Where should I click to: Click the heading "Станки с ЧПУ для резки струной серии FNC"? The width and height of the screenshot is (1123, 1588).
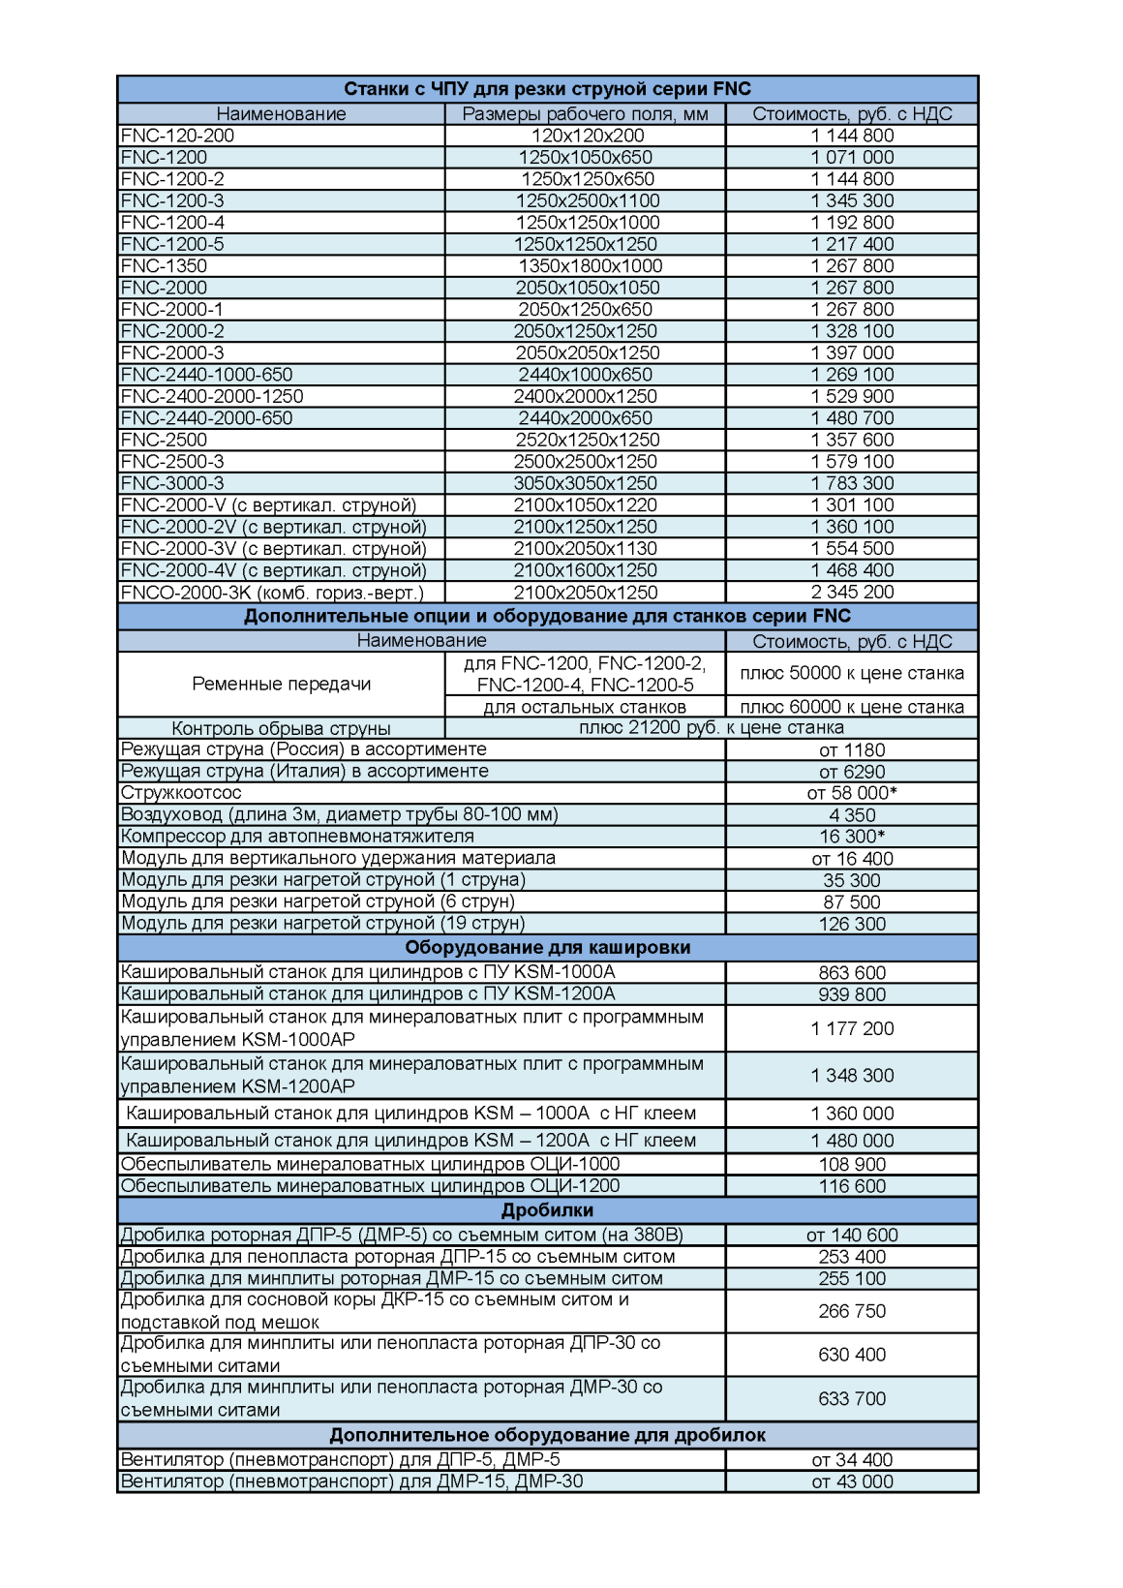(547, 89)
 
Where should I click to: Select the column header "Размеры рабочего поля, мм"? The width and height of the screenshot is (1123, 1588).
(585, 114)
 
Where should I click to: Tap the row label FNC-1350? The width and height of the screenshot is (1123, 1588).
(164, 266)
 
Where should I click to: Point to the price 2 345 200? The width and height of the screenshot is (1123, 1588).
(852, 592)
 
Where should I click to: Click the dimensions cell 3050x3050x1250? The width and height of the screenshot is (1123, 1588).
(585, 483)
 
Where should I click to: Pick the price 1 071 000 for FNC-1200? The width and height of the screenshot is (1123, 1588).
(852, 158)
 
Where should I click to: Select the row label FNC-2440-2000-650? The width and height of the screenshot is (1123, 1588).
(206, 418)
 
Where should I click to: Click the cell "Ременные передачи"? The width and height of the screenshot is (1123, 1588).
(281, 684)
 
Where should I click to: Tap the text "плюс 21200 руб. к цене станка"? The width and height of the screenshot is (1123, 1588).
(711, 727)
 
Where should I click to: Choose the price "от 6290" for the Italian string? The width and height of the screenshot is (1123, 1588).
(852, 772)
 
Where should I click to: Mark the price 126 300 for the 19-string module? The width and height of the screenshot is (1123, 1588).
(852, 924)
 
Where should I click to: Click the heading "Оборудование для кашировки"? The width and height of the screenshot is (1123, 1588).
(547, 947)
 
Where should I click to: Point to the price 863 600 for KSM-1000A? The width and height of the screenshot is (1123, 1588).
(852, 972)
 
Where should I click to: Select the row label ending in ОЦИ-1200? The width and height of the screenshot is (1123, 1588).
(370, 1186)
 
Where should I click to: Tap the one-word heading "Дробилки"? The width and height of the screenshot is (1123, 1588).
(547, 1210)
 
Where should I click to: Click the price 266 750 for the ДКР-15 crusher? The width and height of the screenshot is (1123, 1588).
(852, 1311)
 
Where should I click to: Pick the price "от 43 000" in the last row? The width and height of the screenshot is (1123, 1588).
(852, 1481)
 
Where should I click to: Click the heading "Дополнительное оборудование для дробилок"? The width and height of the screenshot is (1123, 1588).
(547, 1435)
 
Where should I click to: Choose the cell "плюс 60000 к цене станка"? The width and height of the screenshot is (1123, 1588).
(852, 707)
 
